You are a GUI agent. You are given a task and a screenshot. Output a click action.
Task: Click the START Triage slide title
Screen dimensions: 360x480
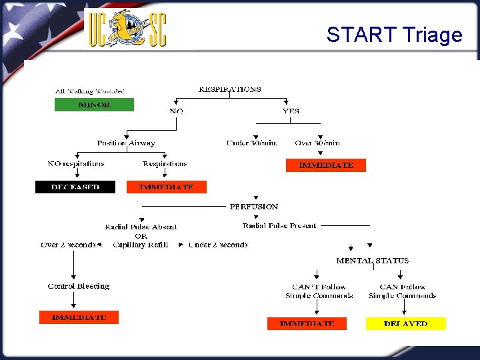(394, 35)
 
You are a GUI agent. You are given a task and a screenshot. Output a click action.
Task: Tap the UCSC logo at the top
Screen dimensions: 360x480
(128, 29)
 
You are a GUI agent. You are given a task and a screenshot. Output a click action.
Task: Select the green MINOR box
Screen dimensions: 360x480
(94, 105)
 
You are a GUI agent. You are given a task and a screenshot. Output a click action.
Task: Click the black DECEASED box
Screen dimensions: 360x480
(75, 187)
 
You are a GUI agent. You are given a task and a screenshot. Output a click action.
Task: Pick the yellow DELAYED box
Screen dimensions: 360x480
(405, 323)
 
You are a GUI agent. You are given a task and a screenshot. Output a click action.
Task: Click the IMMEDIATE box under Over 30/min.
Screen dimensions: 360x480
(326, 165)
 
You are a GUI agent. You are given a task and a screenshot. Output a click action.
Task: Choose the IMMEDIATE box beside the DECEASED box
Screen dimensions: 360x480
(167, 187)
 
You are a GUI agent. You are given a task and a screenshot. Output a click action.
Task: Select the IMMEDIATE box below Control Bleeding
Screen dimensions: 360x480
(79, 317)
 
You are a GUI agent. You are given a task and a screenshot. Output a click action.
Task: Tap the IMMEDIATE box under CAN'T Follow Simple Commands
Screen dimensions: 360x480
(307, 323)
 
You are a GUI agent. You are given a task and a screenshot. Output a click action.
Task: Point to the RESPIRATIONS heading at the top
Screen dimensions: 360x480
(230, 89)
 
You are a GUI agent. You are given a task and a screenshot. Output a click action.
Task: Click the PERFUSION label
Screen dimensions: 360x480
(254, 207)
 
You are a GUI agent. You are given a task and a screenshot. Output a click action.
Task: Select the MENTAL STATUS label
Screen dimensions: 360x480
(372, 261)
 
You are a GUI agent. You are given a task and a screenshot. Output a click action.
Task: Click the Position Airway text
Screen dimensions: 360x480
(126, 143)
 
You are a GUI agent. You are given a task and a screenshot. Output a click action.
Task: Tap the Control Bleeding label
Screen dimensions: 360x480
(79, 286)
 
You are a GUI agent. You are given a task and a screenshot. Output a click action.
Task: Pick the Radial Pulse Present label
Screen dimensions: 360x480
(279, 226)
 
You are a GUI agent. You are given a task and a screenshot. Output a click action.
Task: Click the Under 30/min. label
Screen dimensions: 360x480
(251, 143)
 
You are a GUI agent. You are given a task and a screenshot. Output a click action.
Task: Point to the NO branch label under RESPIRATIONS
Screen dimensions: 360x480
(176, 111)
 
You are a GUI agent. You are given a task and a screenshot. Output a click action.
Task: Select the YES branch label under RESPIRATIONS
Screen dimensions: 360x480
(291, 111)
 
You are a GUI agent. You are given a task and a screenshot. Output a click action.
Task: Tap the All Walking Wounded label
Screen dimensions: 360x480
(90, 91)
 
